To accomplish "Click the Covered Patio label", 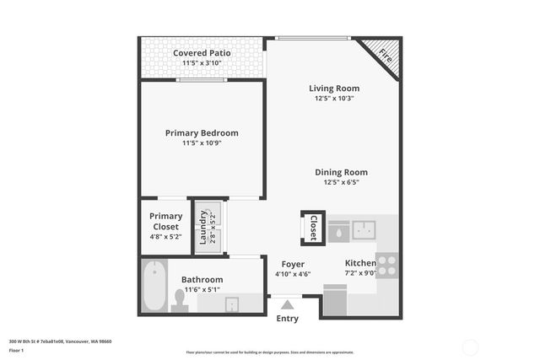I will click(x=202, y=53).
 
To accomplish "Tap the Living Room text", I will click(x=333, y=88).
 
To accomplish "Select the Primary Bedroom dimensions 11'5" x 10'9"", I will click(x=202, y=143).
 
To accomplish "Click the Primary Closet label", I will click(x=165, y=221).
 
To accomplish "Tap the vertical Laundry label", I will click(x=203, y=227).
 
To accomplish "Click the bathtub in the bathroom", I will click(x=154, y=287).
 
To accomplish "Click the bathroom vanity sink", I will click(x=231, y=303).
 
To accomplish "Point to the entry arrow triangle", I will click(x=288, y=305).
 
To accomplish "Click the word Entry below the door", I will click(x=288, y=319).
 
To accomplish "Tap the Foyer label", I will click(x=293, y=263).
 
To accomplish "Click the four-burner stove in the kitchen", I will click(x=387, y=265).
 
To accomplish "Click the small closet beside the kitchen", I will click(x=312, y=227).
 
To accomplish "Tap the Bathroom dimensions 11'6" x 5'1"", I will click(x=202, y=290).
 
